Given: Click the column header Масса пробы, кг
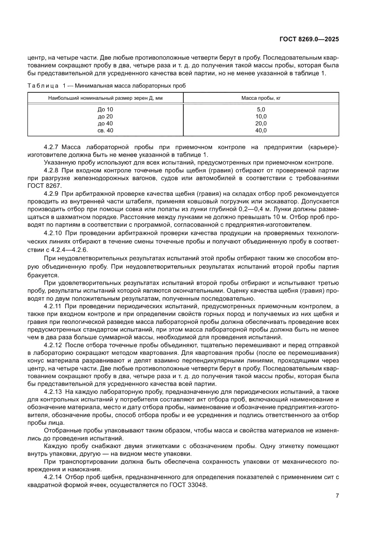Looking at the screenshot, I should point(261,98).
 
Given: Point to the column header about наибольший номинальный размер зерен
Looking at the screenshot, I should point(105,98).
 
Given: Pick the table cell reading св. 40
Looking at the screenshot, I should point(105,131).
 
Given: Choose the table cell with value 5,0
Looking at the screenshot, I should point(261,110).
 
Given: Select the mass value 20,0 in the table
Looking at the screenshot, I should point(261,124).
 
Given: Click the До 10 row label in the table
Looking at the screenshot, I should point(105,110).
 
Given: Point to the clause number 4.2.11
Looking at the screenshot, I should point(53,306).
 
